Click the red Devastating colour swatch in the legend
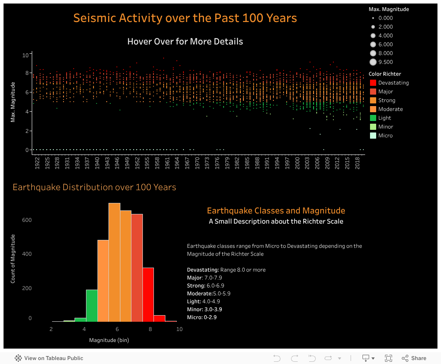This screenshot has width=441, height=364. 373,83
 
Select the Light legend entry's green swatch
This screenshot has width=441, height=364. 373,118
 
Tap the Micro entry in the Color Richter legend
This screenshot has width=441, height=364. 385,136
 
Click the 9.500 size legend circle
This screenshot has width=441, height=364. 373,62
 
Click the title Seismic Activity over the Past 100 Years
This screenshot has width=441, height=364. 185,18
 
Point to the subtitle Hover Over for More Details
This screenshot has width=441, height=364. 185,42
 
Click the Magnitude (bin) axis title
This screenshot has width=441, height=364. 109,340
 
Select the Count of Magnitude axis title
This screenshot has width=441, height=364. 13,258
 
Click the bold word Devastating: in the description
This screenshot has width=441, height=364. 203,270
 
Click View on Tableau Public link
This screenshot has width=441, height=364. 53,358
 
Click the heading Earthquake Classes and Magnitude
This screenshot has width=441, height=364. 276,211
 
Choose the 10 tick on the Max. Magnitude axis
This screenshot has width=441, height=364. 26,55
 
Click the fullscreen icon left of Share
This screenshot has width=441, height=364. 389,358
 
